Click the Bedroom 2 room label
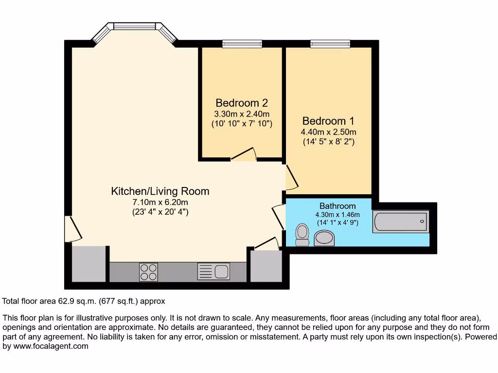click(x=242, y=103)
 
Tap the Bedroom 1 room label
click(x=328, y=121)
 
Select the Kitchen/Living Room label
click(x=160, y=191)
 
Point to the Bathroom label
click(x=337, y=206)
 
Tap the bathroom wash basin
click(x=324, y=238)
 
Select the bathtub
click(x=400, y=221)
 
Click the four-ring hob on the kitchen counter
click(x=148, y=271)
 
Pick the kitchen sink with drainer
click(x=213, y=271)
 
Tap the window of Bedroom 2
click(x=242, y=44)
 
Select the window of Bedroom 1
click(x=330, y=44)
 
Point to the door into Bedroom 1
click(x=290, y=177)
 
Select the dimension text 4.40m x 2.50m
click(x=328, y=132)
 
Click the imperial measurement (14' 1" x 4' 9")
click(x=337, y=223)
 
